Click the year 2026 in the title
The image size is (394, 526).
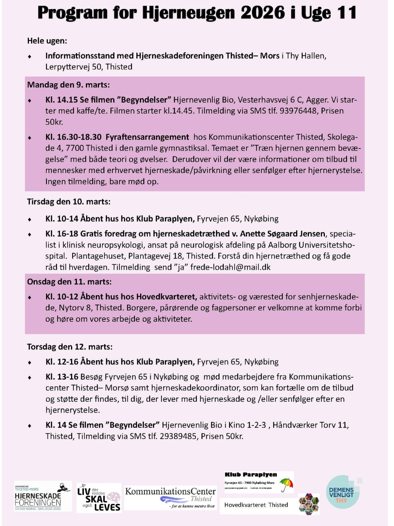pos(262,13)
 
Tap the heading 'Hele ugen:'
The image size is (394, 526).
pos(47,41)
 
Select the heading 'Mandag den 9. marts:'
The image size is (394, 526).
pos(68,85)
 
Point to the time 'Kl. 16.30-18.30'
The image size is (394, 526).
pos(73,137)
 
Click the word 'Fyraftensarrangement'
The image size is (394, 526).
pos(147,137)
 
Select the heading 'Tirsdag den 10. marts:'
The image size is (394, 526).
pos(69,202)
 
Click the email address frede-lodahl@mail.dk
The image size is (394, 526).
pos(230,267)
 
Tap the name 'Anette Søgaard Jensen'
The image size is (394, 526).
pos(282,234)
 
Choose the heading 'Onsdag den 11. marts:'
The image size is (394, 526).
pos(69,282)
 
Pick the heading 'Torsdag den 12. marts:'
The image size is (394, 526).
pos(70,347)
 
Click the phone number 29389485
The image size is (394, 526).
pos(178,436)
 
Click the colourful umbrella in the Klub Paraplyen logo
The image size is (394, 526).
pos(286,484)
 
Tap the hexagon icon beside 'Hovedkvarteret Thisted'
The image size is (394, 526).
pos(309,504)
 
